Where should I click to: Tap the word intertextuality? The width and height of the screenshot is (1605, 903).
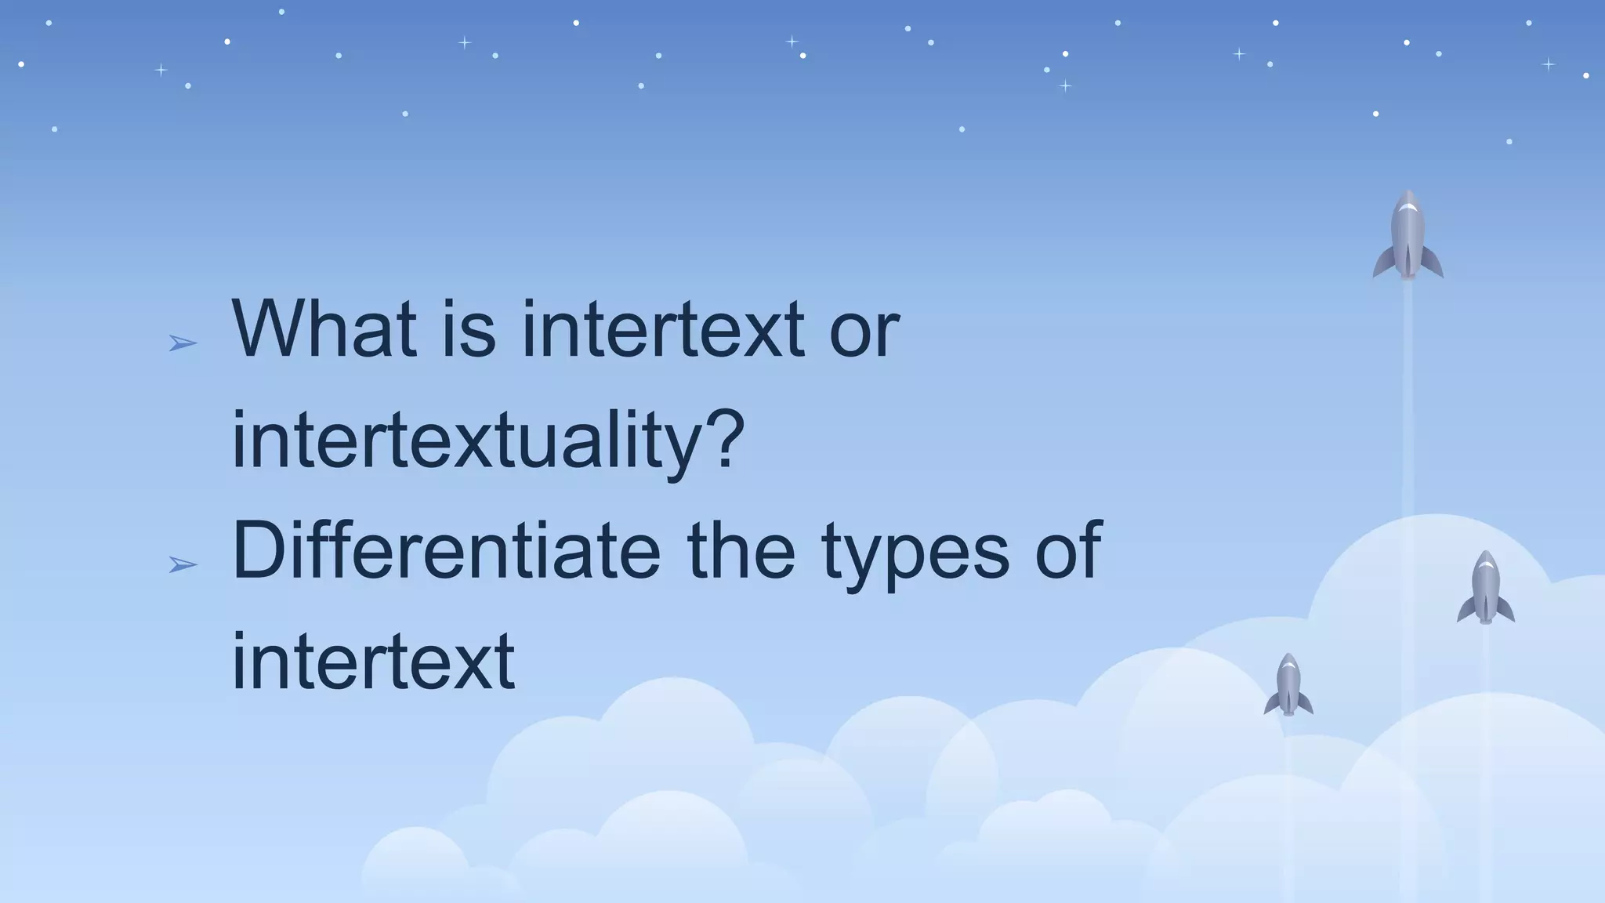(x=487, y=441)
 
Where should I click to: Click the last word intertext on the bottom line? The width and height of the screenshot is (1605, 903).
(x=373, y=662)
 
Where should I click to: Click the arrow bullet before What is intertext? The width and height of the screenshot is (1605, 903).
(x=183, y=343)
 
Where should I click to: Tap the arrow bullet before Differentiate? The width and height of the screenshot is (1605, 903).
(x=183, y=564)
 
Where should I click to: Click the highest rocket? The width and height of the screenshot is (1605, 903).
(x=1408, y=235)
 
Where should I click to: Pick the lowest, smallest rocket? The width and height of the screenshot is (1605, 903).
(x=1288, y=685)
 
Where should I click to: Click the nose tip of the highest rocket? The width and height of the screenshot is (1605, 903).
(x=1408, y=193)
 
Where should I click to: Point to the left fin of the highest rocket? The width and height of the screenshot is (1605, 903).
(x=1382, y=263)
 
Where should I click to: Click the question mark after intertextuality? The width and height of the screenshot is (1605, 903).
(x=724, y=441)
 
